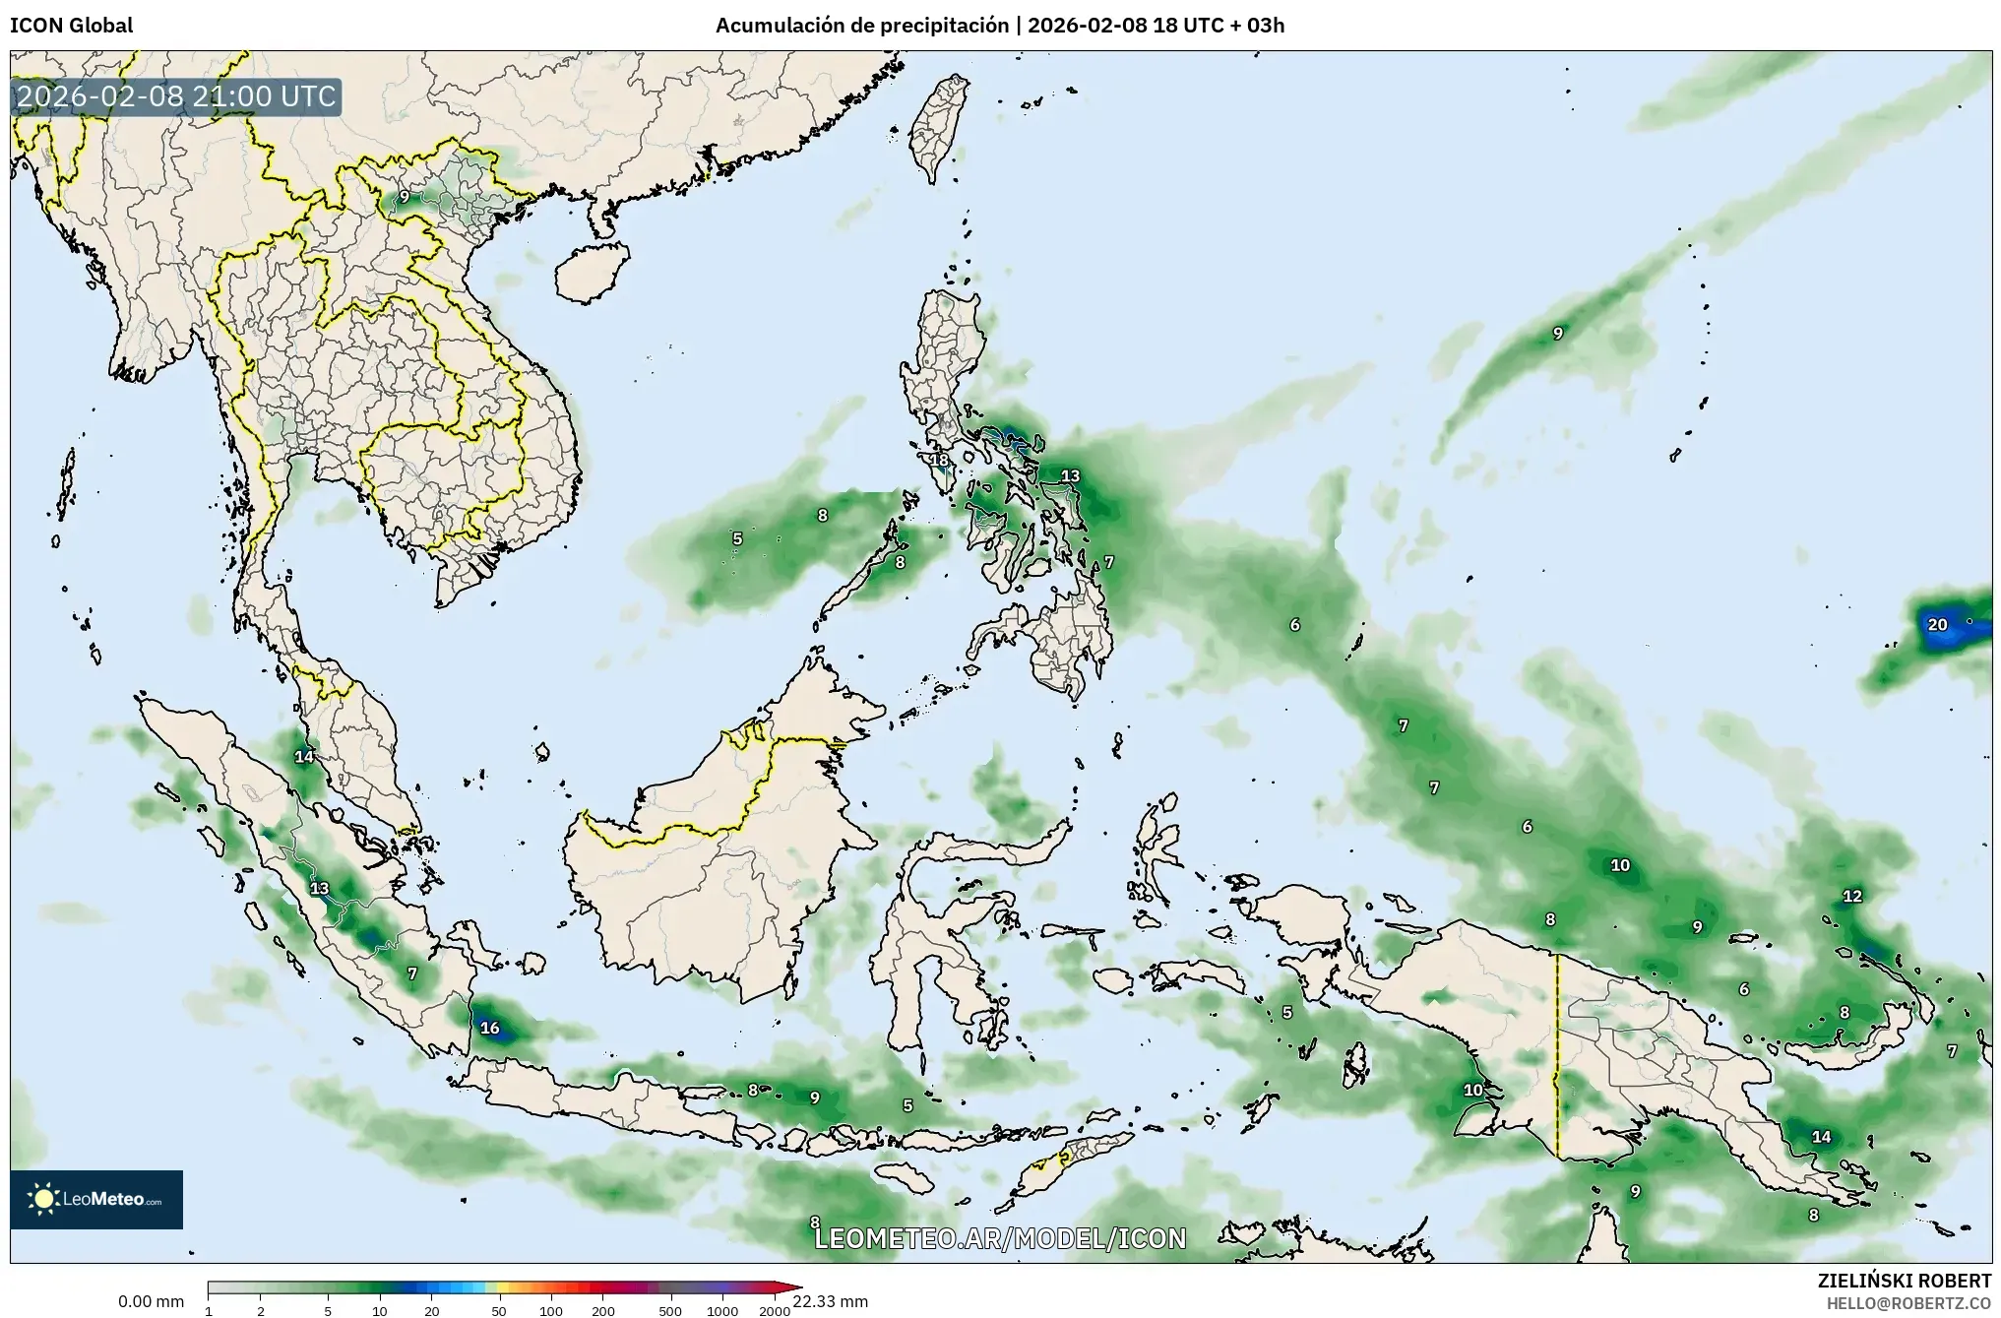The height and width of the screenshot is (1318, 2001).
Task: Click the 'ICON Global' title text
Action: point(71,26)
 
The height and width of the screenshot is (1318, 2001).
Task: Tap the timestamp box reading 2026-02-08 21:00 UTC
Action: point(177,96)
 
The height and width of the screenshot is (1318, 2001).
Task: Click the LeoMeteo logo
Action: point(96,1199)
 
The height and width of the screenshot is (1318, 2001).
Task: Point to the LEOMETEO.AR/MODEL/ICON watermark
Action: point(1000,1238)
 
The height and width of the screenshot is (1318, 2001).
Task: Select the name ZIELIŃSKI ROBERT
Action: point(1904,1281)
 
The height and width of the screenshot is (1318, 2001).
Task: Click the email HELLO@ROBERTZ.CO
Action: point(1908,1302)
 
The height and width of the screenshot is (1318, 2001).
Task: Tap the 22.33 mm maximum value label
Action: point(831,1301)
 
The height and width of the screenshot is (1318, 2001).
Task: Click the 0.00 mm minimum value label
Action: point(151,1301)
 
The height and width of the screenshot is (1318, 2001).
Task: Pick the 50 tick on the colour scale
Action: point(499,1311)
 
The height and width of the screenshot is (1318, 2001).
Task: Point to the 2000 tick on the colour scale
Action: point(775,1311)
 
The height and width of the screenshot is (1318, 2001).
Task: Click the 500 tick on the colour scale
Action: point(670,1311)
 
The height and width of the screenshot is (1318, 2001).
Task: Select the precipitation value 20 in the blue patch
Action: point(1937,624)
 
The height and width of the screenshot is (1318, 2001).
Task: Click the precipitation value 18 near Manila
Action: point(939,460)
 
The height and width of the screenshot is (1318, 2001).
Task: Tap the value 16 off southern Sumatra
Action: point(489,1028)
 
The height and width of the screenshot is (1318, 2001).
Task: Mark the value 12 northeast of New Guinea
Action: point(1852,896)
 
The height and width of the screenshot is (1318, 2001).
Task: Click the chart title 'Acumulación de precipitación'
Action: point(862,26)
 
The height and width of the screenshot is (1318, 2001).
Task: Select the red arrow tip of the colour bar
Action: point(794,1287)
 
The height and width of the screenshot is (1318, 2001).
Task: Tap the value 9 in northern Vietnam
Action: point(404,197)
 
